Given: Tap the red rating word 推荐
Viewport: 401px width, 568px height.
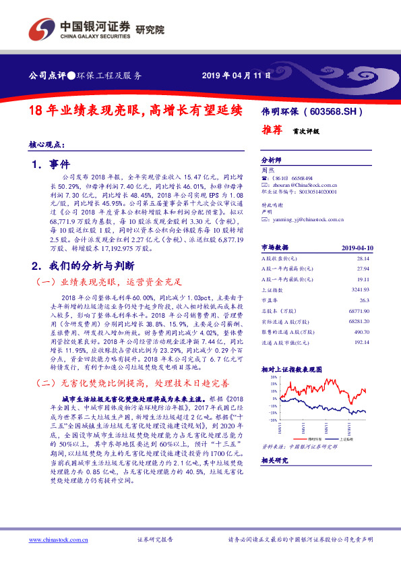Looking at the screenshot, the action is (272, 132).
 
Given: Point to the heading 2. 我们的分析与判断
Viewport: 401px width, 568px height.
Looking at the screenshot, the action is (84, 264).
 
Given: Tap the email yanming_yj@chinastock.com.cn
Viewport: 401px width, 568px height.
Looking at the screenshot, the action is (309, 219).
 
